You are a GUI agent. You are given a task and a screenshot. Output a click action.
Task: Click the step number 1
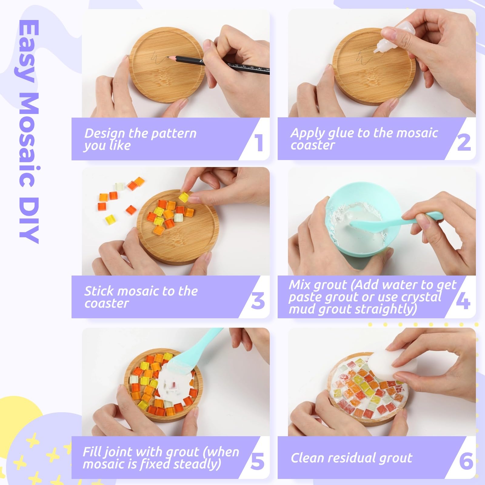[x=259, y=143]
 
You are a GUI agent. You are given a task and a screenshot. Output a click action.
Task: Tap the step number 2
[x=464, y=142]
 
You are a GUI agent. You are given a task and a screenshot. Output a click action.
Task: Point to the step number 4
[x=463, y=301]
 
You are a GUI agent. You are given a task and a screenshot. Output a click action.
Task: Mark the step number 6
[x=466, y=461]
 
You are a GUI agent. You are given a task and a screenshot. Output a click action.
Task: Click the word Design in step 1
[x=105, y=134]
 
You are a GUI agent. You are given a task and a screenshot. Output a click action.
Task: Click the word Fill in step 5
[x=90, y=452]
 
